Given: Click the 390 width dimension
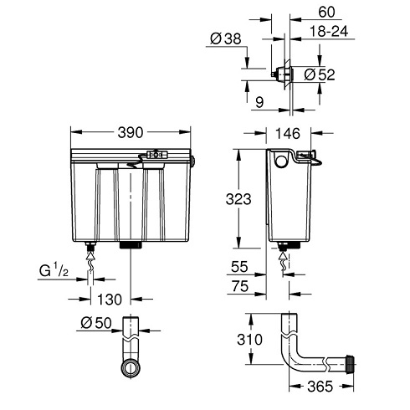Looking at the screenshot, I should pos(131,132).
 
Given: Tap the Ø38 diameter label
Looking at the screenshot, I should pos(223,38).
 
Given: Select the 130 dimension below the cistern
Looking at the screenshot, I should pos(109,299).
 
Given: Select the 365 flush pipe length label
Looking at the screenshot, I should pos(321,386).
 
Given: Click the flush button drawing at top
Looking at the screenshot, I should pos(283,74).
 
